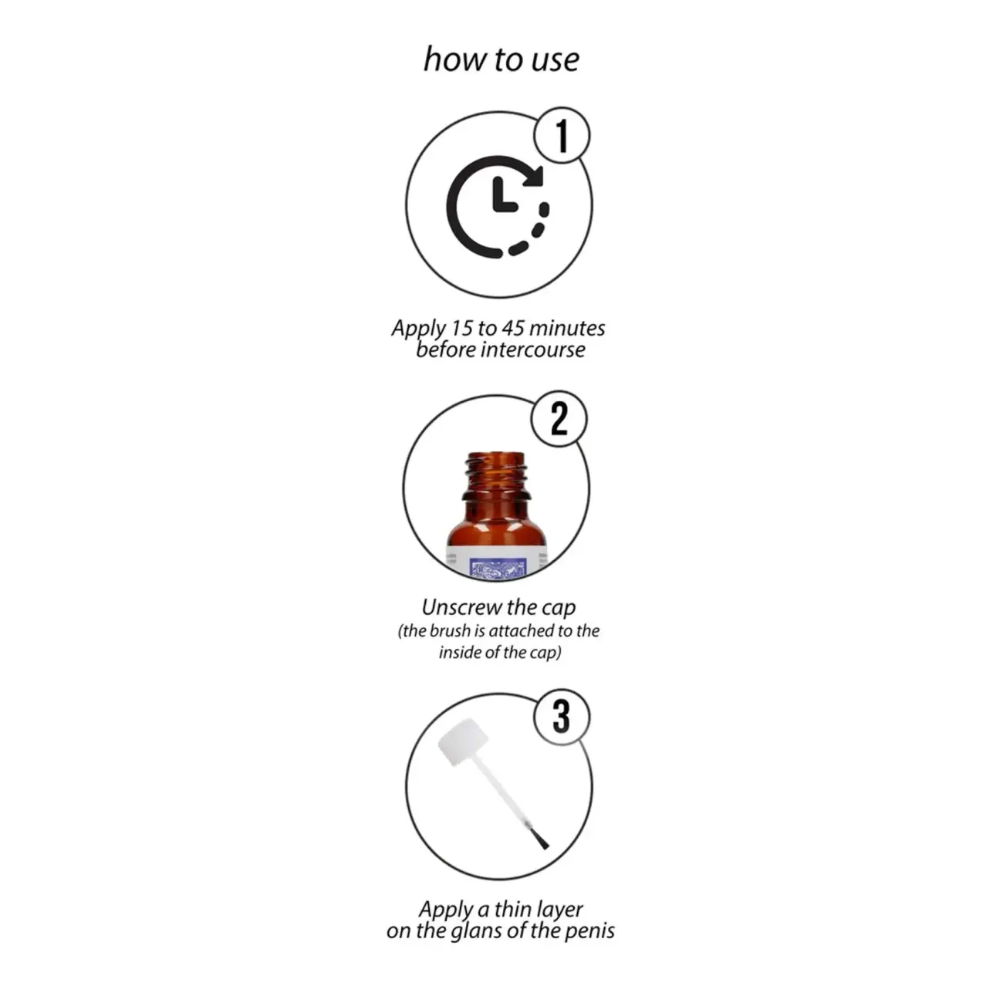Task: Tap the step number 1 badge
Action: point(562,135)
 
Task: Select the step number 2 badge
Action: point(559,418)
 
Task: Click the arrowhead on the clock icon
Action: point(533,176)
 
